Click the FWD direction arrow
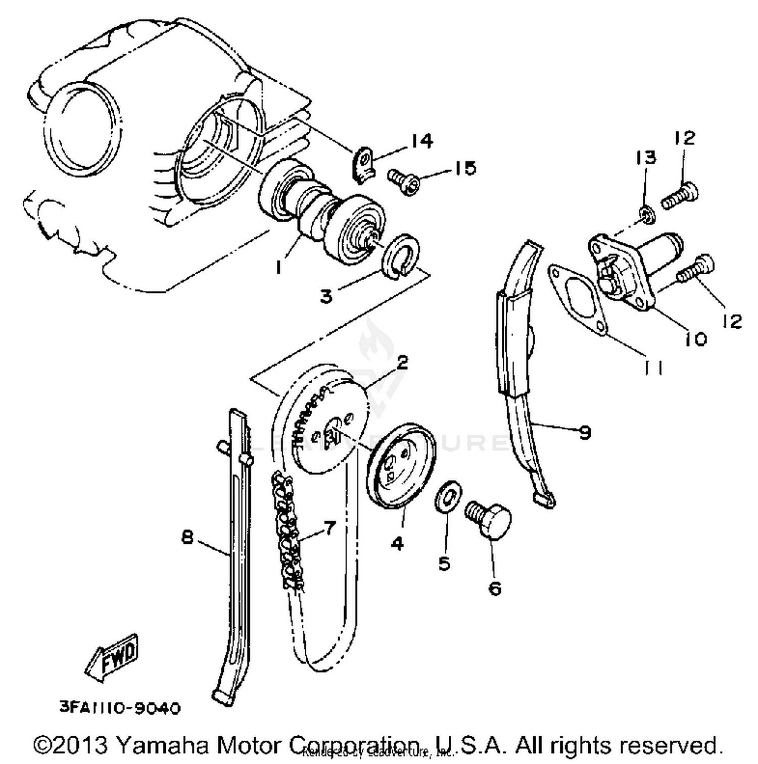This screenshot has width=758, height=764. point(112,657)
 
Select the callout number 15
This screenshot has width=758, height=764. point(464,168)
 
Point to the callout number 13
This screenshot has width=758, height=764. point(645,158)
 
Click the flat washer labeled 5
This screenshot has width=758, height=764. point(448,495)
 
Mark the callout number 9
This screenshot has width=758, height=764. point(585,432)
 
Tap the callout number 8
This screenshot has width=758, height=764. point(187,537)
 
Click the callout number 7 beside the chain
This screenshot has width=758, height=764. point(329,528)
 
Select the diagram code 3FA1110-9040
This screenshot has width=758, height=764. point(120,708)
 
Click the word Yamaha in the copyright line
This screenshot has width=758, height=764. point(163,745)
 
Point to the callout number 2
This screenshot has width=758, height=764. point(402,362)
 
